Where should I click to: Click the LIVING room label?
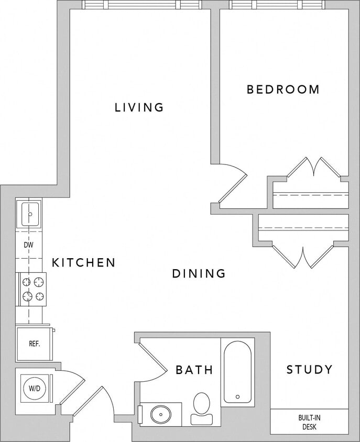pos(139,107)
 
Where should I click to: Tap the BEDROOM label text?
pos(283,90)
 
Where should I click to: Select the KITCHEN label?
pos(83,262)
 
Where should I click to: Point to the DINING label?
pos(199,273)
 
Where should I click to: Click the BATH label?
pos(194,370)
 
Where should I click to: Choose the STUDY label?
pos(309,370)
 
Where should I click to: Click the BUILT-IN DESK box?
pos(309,422)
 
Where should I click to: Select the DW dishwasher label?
pos(29,245)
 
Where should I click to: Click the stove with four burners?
pos(32,289)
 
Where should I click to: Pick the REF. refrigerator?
pos(35,344)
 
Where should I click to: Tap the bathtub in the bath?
pos(237,371)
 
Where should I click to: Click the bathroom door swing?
pos(152,361)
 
